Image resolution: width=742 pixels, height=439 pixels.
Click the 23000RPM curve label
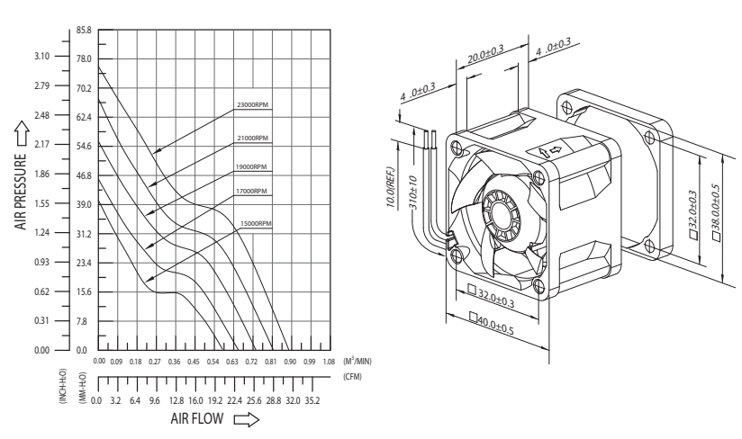coord(253,105)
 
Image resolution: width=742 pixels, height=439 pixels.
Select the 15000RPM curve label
coord(256,223)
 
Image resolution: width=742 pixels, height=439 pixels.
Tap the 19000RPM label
coord(251,166)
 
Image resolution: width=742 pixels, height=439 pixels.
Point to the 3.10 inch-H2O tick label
coord(41,57)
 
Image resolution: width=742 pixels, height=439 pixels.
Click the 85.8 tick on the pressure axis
coord(84,31)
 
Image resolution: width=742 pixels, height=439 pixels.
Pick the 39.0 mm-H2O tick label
coord(84,204)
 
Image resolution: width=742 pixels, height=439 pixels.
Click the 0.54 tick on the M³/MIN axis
coord(213,362)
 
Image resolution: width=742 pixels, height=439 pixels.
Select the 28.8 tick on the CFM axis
coord(273,400)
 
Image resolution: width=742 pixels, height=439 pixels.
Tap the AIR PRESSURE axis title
coord(21,192)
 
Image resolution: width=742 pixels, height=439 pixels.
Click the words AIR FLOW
coord(197,418)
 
